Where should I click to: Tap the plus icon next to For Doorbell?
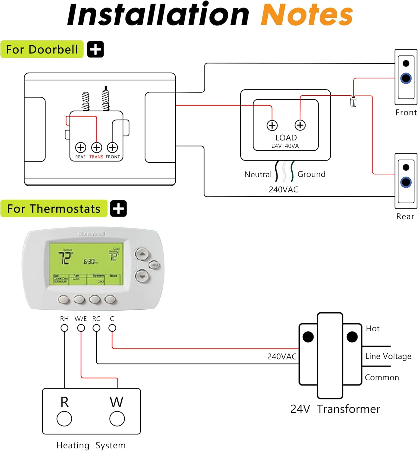coord(95,49)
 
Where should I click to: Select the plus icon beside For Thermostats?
coord(118,208)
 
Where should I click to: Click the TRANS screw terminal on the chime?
coord(96,148)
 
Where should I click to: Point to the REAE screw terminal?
coord(80,148)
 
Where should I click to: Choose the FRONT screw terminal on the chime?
coord(112,148)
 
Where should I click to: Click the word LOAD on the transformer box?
coord(286,138)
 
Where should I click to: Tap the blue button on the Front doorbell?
coord(406,78)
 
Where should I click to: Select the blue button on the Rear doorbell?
coord(406,182)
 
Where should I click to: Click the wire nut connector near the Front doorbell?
coord(353,102)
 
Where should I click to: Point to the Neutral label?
coord(258,174)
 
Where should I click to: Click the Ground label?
coord(311,174)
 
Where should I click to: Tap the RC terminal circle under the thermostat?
coord(96,328)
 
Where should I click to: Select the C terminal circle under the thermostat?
coord(112,328)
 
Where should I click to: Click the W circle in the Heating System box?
coord(117,419)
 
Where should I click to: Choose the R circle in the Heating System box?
coord(64,419)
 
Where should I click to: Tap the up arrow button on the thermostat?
coord(142,254)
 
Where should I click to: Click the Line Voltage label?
coord(388,356)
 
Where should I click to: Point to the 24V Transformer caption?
coord(335,409)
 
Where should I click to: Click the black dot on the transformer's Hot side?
coord(352,337)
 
